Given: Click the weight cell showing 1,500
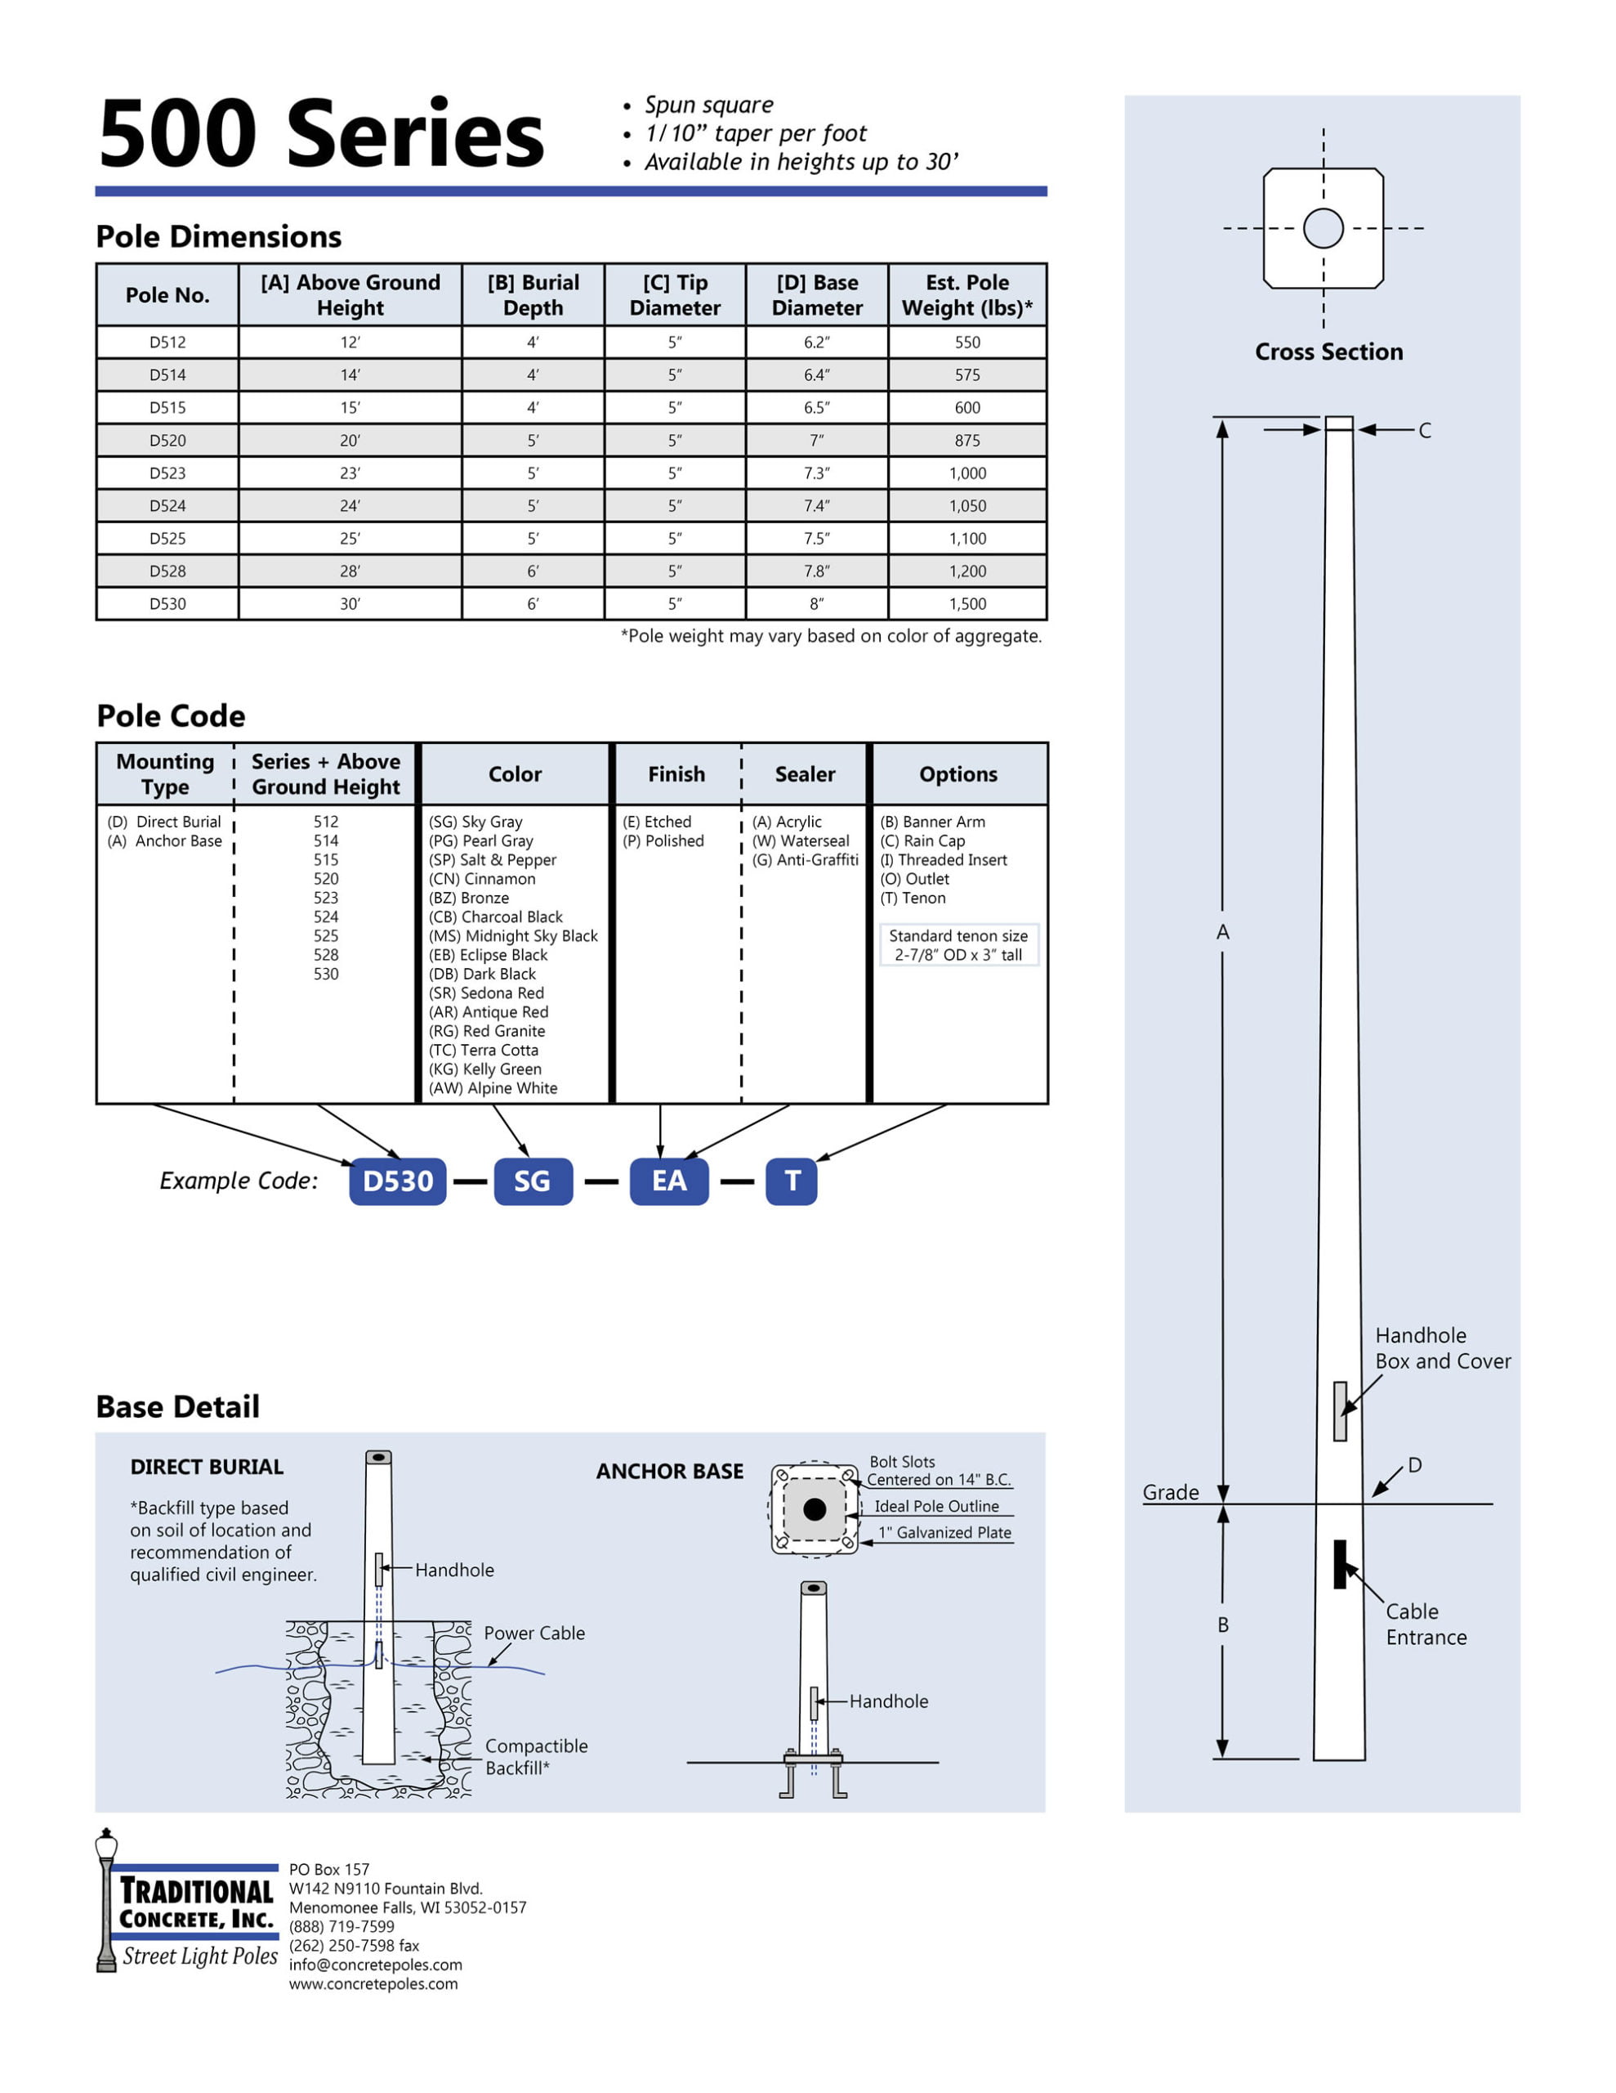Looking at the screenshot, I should coord(966,603).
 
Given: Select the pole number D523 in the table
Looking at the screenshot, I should coord(167,473).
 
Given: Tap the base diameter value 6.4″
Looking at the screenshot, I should coord(816,374).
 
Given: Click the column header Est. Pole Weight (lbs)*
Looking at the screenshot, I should coord(966,295).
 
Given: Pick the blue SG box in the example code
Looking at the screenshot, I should coord(533,1181).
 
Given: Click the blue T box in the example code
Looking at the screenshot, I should coord(791,1181).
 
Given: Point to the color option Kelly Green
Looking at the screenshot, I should coord(484,1069).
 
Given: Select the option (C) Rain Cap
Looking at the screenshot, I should coord(922,840).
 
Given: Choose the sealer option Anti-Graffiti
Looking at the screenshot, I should coord(805,859).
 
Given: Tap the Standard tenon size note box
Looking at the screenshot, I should coord(958,945).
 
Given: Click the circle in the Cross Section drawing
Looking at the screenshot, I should coord(1323,228).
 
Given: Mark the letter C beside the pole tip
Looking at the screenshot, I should coord(1425,431).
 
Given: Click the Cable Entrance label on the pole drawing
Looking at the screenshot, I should coord(1426,1625).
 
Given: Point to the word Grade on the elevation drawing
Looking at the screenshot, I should coord(1170,1492).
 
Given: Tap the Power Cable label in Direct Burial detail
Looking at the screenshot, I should coord(533,1633).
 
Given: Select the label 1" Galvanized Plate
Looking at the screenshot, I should coord(944,1532).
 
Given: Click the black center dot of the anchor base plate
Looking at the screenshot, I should coord(815,1509).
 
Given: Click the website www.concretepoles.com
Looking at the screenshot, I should coord(373,1983).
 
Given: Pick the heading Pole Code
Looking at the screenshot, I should coord(171,716).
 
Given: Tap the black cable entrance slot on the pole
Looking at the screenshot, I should coord(1340,1564).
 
